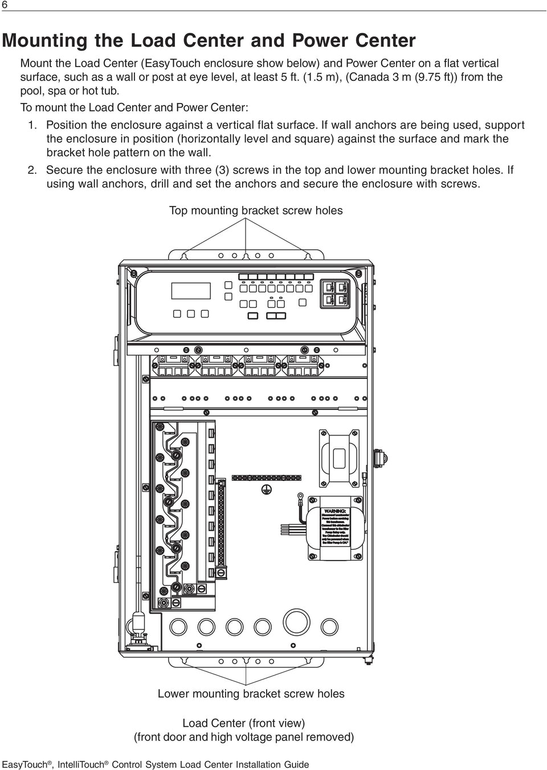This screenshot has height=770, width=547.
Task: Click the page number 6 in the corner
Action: (x=5, y=5)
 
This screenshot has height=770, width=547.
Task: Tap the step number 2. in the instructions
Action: (x=34, y=170)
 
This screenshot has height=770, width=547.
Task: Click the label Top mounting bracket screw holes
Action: (x=256, y=211)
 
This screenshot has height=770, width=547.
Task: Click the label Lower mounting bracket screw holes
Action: (x=251, y=694)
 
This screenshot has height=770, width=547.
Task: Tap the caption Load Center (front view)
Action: (x=243, y=723)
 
